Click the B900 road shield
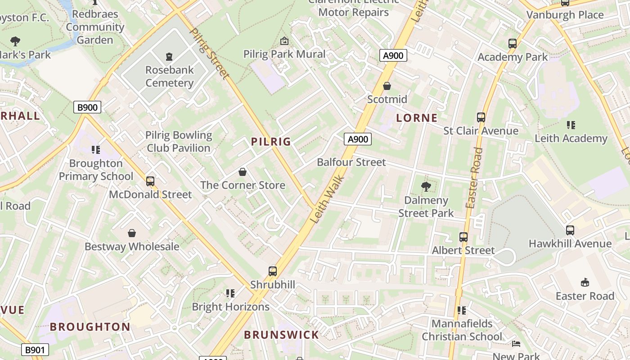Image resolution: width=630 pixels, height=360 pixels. [87, 107]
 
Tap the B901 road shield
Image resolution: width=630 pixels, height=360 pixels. [35, 350]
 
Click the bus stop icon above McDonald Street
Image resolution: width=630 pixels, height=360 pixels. [150, 181]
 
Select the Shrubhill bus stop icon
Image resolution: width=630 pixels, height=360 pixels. [273, 271]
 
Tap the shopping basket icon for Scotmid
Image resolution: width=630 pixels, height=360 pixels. [387, 86]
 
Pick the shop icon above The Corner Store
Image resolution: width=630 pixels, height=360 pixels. [243, 172]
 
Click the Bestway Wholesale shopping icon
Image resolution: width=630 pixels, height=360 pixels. [132, 233]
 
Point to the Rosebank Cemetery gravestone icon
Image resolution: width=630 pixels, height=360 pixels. [169, 57]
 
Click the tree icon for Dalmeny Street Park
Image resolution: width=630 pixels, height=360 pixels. [426, 187]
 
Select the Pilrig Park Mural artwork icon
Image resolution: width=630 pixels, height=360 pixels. [284, 41]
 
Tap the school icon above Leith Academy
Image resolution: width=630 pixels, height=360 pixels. [571, 125]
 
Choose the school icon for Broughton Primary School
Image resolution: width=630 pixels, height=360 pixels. [96, 150]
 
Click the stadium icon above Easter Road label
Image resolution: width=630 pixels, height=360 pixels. [585, 283]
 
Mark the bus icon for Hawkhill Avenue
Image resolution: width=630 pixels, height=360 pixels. [570, 230]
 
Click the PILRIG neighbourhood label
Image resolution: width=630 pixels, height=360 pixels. [271, 142]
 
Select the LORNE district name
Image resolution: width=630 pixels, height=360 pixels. [417, 118]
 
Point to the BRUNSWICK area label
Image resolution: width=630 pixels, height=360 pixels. [281, 335]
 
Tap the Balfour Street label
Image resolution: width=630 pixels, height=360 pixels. [351, 162]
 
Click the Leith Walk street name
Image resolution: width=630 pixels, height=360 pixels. [328, 199]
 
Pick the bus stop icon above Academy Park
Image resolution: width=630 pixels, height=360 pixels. [513, 44]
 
